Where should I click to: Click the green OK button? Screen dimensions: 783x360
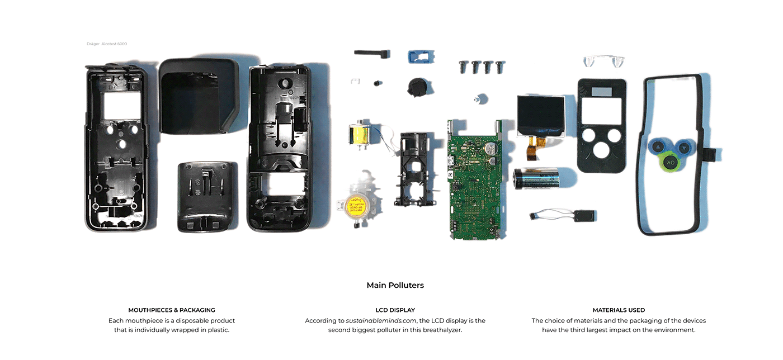[670, 162]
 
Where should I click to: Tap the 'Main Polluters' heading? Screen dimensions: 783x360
[395, 285]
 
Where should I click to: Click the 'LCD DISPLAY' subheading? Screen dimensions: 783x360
[395, 310]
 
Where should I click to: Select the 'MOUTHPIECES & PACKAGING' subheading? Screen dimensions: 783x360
[172, 310]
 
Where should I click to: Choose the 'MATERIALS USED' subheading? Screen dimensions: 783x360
[619, 310]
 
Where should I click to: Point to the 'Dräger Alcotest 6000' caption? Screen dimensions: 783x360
[106, 44]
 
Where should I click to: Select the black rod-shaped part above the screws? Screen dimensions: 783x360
[370, 53]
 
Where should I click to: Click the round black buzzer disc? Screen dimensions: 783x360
[416, 88]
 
